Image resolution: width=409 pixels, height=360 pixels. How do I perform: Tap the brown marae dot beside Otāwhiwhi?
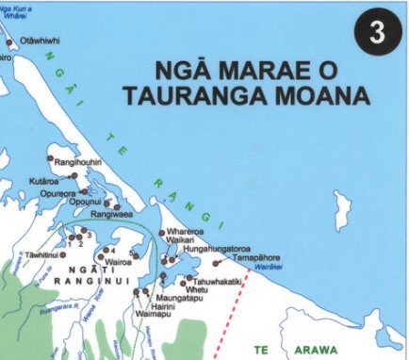10,41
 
